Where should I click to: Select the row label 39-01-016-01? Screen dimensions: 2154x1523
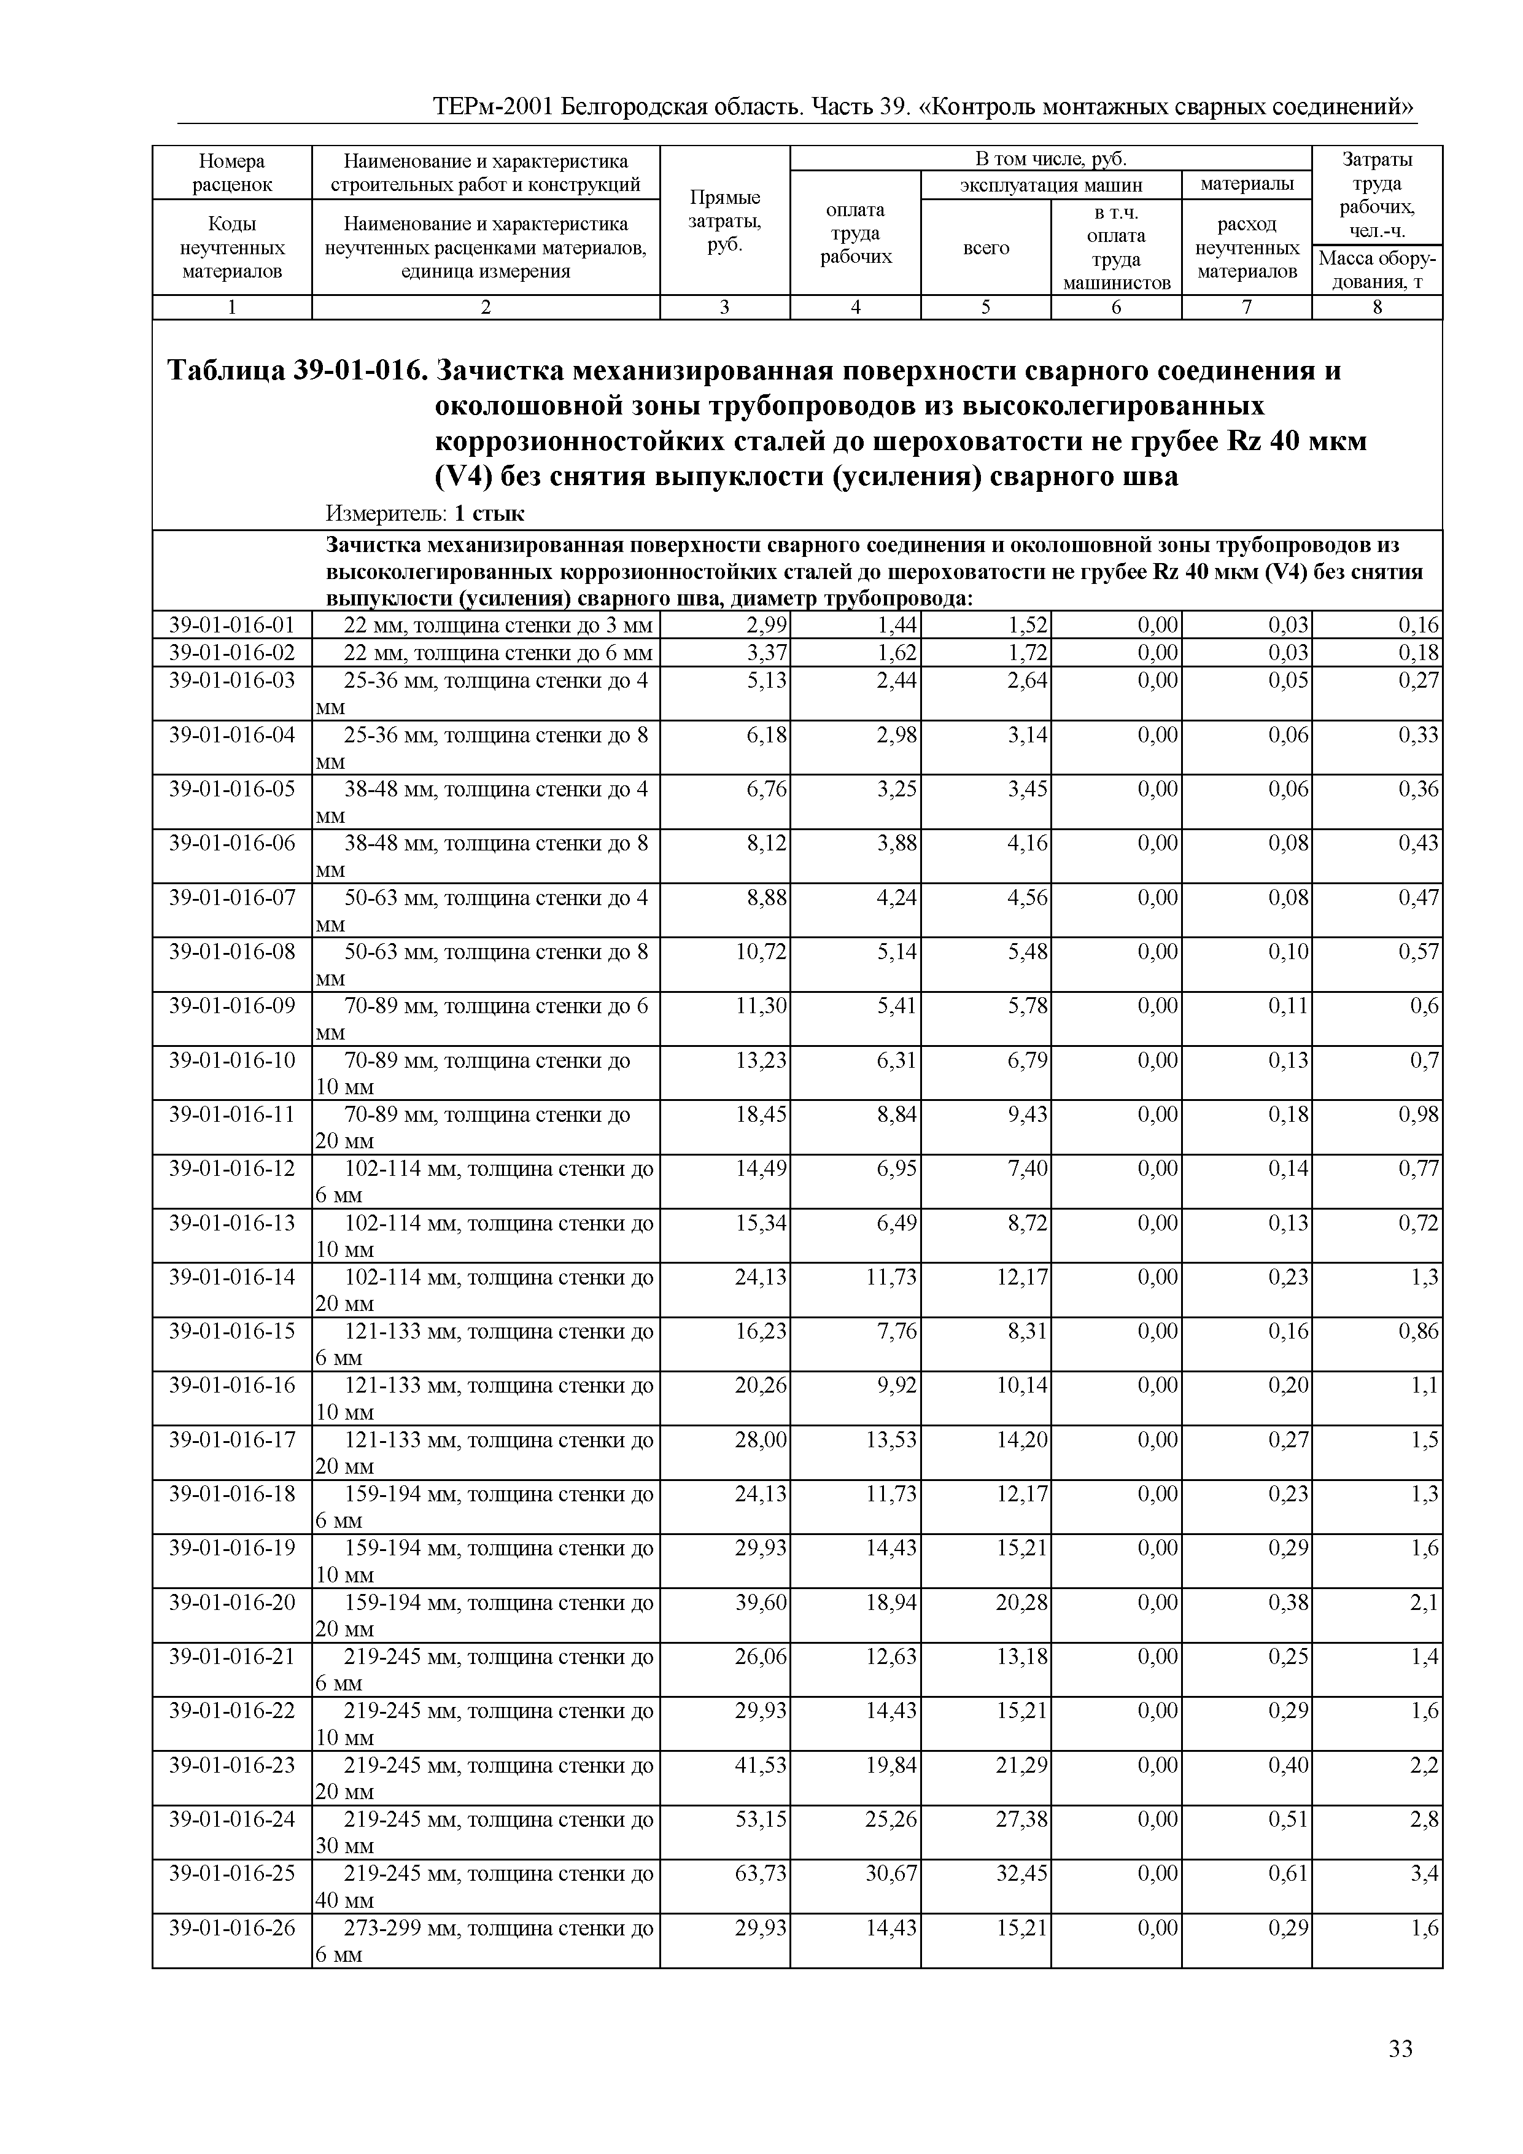[231, 626]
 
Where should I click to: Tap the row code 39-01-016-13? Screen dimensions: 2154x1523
[231, 1223]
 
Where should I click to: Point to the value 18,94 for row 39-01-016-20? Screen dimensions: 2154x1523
[891, 1603]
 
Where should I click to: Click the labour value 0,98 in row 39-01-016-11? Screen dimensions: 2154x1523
[1418, 1114]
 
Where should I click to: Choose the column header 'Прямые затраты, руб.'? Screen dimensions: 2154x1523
[725, 220]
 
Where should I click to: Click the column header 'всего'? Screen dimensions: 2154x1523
[986, 247]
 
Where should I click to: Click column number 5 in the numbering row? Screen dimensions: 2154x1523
[986, 307]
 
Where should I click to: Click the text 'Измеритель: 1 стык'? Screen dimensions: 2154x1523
[425, 513]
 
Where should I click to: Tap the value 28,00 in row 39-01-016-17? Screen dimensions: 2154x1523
[761, 1440]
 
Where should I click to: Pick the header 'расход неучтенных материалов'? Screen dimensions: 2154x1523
[1246, 247]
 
